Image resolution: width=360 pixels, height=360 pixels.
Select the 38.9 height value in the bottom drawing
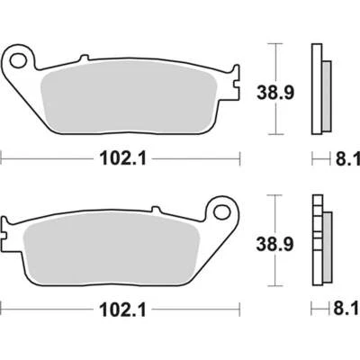click(x=289, y=242)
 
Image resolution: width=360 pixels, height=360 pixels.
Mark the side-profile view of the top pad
click(x=317, y=90)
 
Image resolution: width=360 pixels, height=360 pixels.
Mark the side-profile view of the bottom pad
click(x=317, y=241)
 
